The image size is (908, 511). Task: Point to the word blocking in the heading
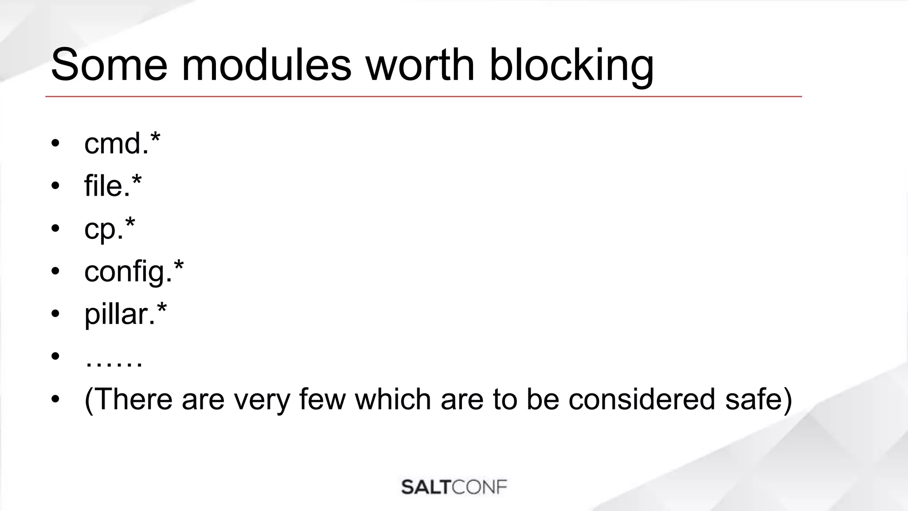pos(571,67)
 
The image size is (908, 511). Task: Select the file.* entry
pos(113,185)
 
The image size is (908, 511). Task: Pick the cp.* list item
pos(110,229)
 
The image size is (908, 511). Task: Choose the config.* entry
pos(134,271)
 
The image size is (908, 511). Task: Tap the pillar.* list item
pos(125,314)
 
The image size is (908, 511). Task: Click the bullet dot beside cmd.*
pos(55,144)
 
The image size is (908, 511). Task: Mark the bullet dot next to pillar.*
pos(55,314)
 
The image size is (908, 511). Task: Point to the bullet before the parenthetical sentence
pos(55,399)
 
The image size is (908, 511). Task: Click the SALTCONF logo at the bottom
pos(454,487)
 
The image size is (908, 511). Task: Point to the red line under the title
pos(423,96)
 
